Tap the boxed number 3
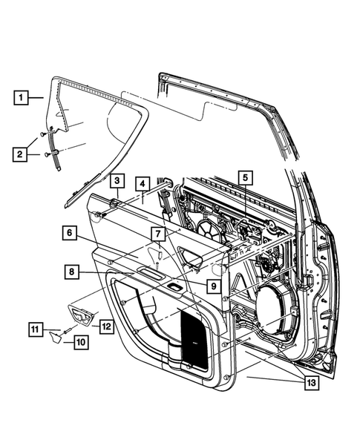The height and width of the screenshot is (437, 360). click(117, 180)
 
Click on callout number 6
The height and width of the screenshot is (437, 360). click(69, 233)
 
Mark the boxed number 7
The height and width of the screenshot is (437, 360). click(157, 234)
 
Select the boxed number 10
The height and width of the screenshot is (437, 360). click(79, 342)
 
